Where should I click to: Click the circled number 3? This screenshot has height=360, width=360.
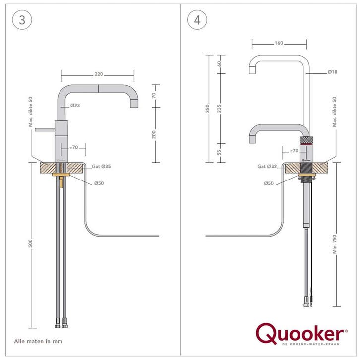[x=22, y=20]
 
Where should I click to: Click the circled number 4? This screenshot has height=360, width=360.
[x=197, y=20]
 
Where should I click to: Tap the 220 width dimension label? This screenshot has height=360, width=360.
[x=99, y=74]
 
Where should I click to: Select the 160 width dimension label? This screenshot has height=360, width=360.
[x=279, y=43]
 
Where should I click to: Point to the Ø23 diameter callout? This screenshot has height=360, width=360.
[x=75, y=106]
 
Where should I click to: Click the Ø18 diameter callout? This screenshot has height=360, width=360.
[x=332, y=72]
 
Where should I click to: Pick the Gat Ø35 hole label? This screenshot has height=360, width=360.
[x=101, y=166]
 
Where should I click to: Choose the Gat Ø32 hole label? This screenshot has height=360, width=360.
[x=267, y=166]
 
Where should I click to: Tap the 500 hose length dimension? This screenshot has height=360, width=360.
[x=30, y=244]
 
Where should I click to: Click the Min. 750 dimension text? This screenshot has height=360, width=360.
[x=335, y=244]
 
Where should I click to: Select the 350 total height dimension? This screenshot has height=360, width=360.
[x=208, y=109]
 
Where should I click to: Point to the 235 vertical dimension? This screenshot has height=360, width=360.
[x=219, y=109]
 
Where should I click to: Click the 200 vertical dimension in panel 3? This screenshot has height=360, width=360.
[x=154, y=134]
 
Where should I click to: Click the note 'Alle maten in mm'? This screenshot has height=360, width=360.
[x=38, y=341]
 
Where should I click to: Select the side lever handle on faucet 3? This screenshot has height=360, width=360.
[x=45, y=130]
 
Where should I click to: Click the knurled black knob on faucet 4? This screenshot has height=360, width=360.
[x=306, y=140]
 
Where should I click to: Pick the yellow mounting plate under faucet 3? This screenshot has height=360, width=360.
[x=61, y=175]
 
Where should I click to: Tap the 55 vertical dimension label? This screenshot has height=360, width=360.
[x=219, y=152]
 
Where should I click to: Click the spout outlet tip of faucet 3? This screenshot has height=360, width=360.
[x=134, y=104]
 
